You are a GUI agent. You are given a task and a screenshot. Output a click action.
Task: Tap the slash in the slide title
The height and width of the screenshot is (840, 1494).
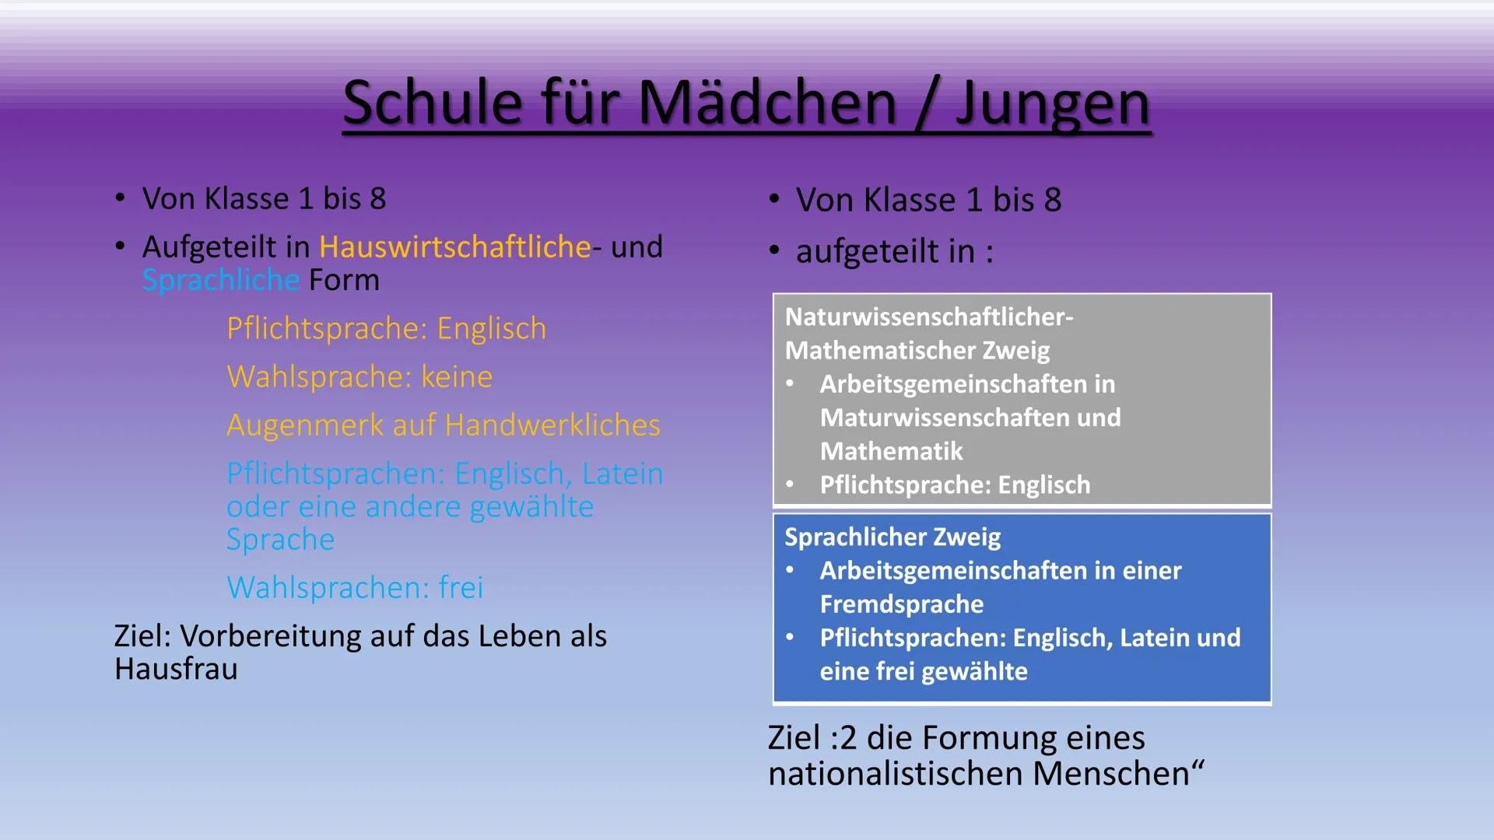928,104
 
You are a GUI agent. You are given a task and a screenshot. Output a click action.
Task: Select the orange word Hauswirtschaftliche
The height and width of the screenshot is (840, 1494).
455,247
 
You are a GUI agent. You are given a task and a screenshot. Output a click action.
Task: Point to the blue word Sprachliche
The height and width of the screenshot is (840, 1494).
221,280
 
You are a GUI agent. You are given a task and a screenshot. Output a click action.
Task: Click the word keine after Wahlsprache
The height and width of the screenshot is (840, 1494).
457,377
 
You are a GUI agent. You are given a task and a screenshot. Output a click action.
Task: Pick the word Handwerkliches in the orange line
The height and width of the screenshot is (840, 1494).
552,425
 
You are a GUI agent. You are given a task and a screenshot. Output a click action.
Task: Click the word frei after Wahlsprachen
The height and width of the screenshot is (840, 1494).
461,587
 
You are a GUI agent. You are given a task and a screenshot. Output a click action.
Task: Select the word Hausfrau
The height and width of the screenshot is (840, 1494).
176,669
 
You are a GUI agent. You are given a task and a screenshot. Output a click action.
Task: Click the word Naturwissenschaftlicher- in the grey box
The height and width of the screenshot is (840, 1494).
929,317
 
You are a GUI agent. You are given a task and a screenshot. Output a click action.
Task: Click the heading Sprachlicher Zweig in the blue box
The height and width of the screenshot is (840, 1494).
893,537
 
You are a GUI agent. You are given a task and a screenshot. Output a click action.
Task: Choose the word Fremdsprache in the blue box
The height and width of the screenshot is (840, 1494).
902,604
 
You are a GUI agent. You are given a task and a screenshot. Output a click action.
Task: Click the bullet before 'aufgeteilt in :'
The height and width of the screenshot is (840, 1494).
774,250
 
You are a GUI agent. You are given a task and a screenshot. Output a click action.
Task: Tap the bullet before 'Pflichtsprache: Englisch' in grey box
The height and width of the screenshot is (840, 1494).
791,485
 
